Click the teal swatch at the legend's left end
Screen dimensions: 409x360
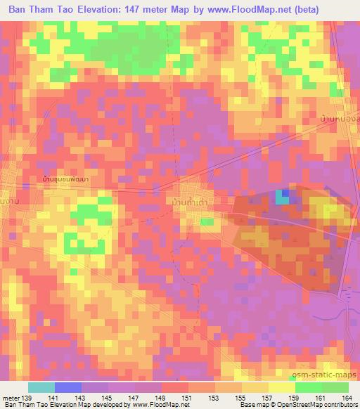[41, 387]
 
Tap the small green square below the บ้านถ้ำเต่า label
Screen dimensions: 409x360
[207, 222]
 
